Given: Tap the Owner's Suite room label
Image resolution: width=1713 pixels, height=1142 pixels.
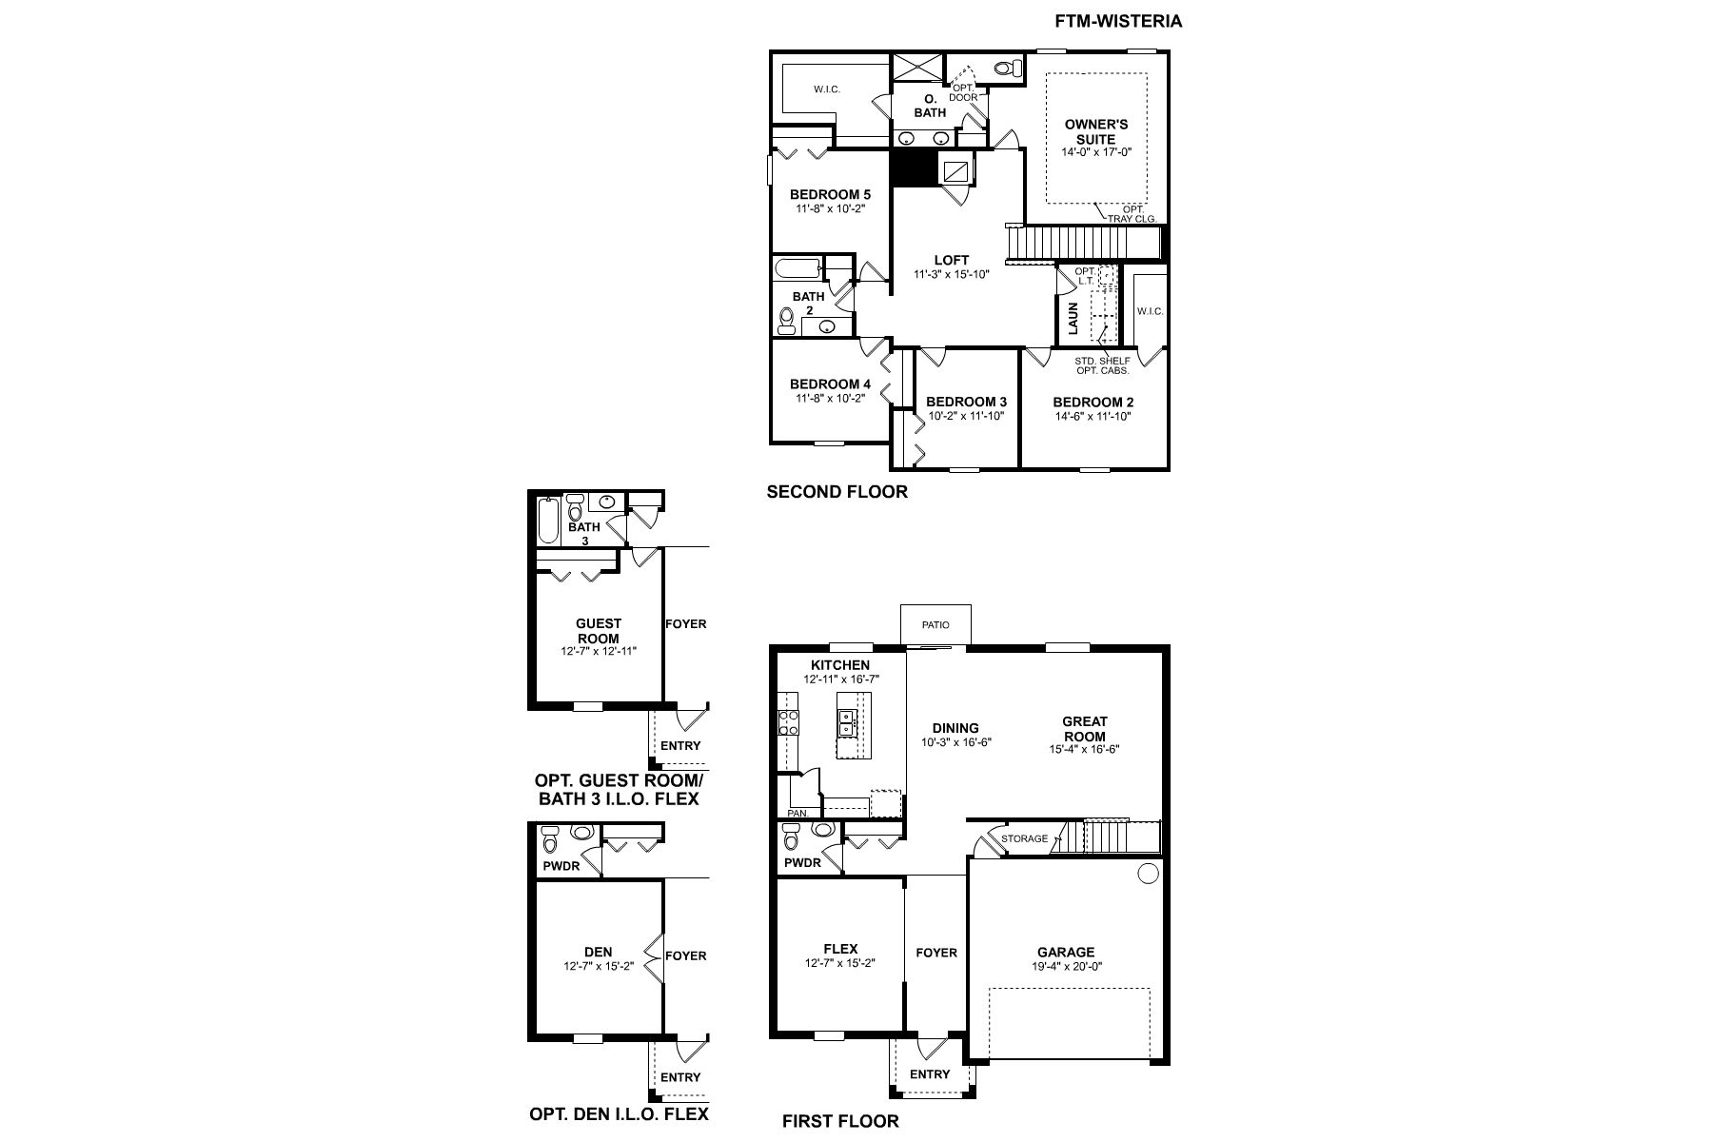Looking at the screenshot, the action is [x=1096, y=131].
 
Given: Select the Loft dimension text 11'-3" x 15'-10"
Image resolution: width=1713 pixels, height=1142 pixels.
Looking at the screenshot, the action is [x=952, y=274].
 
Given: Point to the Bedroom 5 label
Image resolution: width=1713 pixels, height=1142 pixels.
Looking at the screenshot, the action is [x=830, y=194].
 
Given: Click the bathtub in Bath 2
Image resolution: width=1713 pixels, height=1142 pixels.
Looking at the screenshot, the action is [x=798, y=267].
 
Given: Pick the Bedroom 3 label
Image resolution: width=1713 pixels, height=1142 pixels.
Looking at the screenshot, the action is [x=966, y=402].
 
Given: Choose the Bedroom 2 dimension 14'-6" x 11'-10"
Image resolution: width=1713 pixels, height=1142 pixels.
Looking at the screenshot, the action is [x=1093, y=416].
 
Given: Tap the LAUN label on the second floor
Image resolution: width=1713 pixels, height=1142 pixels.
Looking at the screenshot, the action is [x=1073, y=319].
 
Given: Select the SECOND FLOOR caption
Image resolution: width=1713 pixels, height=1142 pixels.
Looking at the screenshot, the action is [x=837, y=492].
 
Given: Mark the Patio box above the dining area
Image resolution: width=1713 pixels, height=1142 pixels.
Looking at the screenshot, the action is [x=935, y=625].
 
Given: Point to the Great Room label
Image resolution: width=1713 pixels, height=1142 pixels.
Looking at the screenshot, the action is [x=1085, y=729].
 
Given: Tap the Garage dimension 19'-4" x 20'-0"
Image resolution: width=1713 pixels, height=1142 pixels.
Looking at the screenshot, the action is [x=1066, y=966].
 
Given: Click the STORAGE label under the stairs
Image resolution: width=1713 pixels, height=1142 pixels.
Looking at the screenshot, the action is [x=1024, y=838].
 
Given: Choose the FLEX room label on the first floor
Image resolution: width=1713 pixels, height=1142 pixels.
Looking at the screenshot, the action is [x=840, y=949].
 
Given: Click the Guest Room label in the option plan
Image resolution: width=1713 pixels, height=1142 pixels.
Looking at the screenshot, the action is [x=599, y=631].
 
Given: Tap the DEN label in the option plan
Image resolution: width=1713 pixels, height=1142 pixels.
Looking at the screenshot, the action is [x=599, y=952].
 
